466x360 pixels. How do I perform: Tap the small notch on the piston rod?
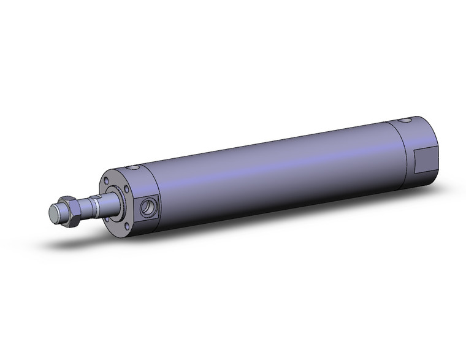tap(93, 207)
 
